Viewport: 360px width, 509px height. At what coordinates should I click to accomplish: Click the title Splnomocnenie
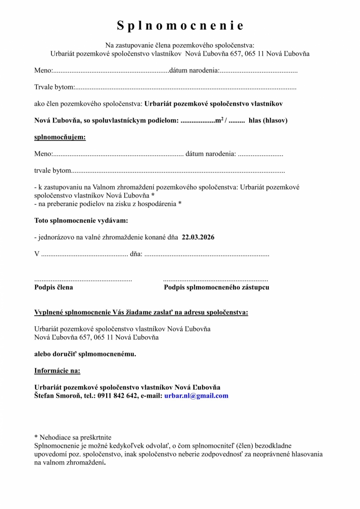tap(180, 26)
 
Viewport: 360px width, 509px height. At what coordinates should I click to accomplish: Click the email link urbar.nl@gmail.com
tap(196, 396)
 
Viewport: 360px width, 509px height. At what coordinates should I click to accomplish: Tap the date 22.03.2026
tap(198, 237)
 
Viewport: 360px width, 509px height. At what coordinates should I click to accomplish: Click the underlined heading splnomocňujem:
tap(60, 137)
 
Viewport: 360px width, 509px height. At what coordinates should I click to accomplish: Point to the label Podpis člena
tap(54, 287)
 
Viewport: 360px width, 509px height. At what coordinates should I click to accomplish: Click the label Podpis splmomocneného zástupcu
tap(216, 287)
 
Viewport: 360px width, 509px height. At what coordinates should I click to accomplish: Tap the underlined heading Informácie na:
tap(58, 371)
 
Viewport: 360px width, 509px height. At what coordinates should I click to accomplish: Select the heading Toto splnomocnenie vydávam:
tap(81, 221)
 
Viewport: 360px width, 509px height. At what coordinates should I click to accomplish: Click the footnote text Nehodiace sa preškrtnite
tap(76, 437)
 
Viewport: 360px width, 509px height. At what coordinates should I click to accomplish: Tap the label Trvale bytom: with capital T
tap(54, 87)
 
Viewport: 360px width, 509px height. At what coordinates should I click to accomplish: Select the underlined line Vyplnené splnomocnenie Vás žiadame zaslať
tap(141, 313)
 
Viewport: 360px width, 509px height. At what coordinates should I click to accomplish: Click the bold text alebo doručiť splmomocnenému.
tap(85, 354)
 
